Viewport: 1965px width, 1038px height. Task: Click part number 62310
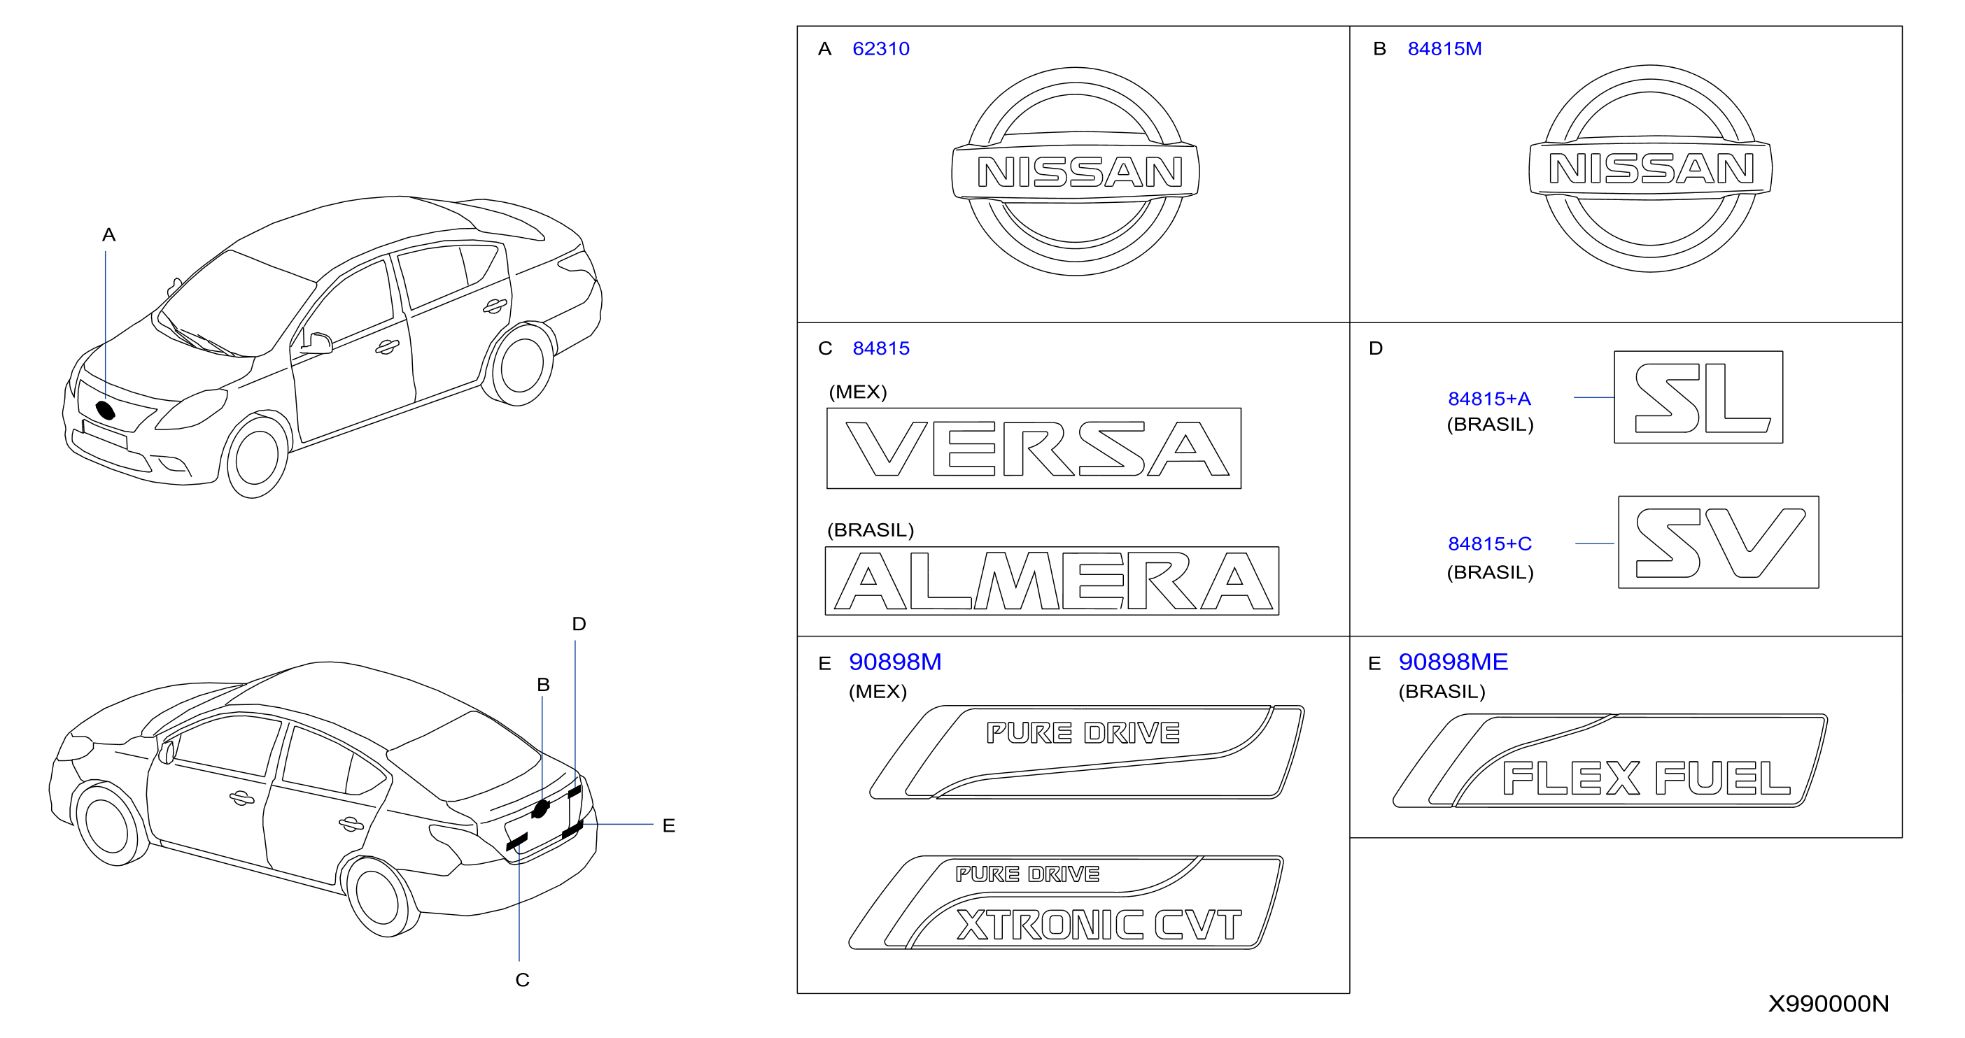pos(881,49)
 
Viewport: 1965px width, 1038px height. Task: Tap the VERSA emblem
pos(1034,448)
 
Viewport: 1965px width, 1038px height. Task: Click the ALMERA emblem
pos(1052,581)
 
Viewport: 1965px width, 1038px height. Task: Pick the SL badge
pos(1698,397)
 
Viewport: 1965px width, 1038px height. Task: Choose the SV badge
pos(1719,542)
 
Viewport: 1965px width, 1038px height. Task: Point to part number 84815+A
pos(1489,399)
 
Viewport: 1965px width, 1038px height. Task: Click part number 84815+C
pos(1490,543)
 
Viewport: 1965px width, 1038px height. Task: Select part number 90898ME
pos(1453,661)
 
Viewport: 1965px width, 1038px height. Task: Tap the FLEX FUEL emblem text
pos(1646,778)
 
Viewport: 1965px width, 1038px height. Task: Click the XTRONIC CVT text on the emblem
pos(1099,925)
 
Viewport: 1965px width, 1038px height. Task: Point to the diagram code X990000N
pos(1829,1003)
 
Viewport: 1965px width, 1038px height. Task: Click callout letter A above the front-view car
pos(109,235)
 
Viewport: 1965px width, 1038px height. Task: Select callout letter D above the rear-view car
pos(579,624)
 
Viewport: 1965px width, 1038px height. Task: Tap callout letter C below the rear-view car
pos(523,980)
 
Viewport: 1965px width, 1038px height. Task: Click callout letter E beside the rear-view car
pos(669,825)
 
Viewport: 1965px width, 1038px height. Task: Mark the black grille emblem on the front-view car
pos(105,411)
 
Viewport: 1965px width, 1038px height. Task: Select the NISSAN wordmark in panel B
pos(1651,169)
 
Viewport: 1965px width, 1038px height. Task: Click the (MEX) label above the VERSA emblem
pos(857,392)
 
